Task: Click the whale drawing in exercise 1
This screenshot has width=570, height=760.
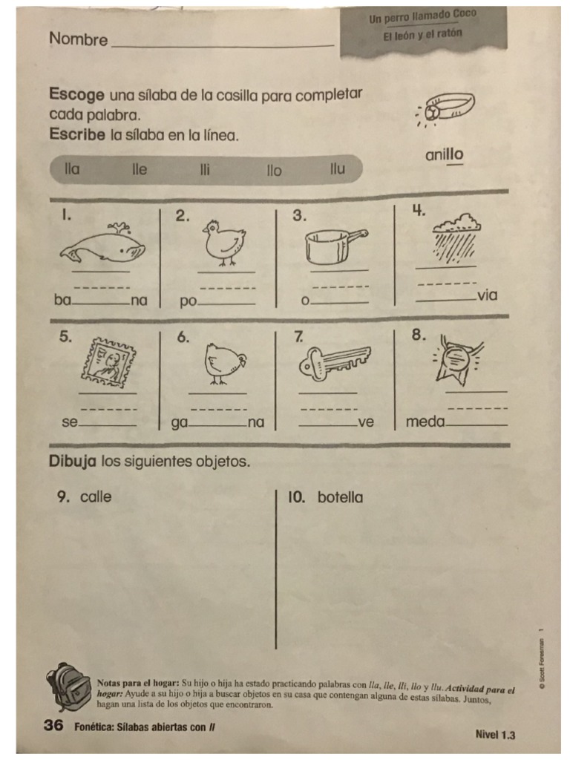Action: click(102, 246)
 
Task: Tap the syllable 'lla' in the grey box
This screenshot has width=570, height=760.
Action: click(72, 169)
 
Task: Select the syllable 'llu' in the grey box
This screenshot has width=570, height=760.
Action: click(338, 169)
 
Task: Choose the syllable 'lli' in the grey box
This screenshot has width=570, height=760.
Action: click(205, 170)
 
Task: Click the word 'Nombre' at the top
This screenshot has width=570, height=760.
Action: click(78, 40)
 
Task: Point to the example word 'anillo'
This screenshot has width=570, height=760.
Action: click(444, 155)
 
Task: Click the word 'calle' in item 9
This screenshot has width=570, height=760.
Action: click(96, 497)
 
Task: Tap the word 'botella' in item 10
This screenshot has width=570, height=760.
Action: click(341, 497)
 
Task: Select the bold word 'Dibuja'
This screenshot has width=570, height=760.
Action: click(73, 461)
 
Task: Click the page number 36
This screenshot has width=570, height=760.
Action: click(53, 725)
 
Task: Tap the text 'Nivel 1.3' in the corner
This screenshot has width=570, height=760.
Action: click(495, 735)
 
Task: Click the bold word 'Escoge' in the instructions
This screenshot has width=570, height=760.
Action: click(77, 95)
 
